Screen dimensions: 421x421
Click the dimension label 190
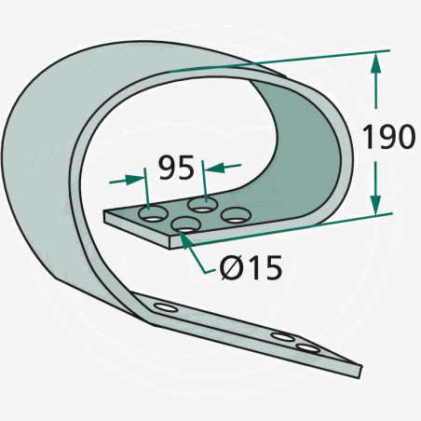tap(388, 136)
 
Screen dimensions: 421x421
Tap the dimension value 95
tap(176, 168)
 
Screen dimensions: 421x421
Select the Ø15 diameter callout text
tap(251, 267)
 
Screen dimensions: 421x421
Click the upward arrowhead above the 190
tap(375, 62)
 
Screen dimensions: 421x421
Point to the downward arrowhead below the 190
tap(375, 205)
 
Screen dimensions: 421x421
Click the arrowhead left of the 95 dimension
tap(135, 180)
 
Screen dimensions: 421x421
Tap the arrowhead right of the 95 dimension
tap(215, 168)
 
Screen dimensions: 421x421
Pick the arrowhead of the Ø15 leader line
tap(185, 239)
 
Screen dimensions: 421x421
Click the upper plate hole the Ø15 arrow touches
tap(186, 224)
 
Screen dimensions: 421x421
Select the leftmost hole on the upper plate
tap(153, 213)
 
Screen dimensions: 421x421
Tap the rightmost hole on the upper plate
tap(236, 215)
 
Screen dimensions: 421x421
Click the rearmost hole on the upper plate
tap(202, 204)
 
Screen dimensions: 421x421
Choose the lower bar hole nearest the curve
tap(166, 307)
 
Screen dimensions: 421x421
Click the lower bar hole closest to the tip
tap(307, 348)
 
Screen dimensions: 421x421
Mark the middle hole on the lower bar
tap(282, 336)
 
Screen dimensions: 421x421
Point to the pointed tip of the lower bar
tap(361, 366)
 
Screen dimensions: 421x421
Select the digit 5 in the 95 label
tap(185, 168)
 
